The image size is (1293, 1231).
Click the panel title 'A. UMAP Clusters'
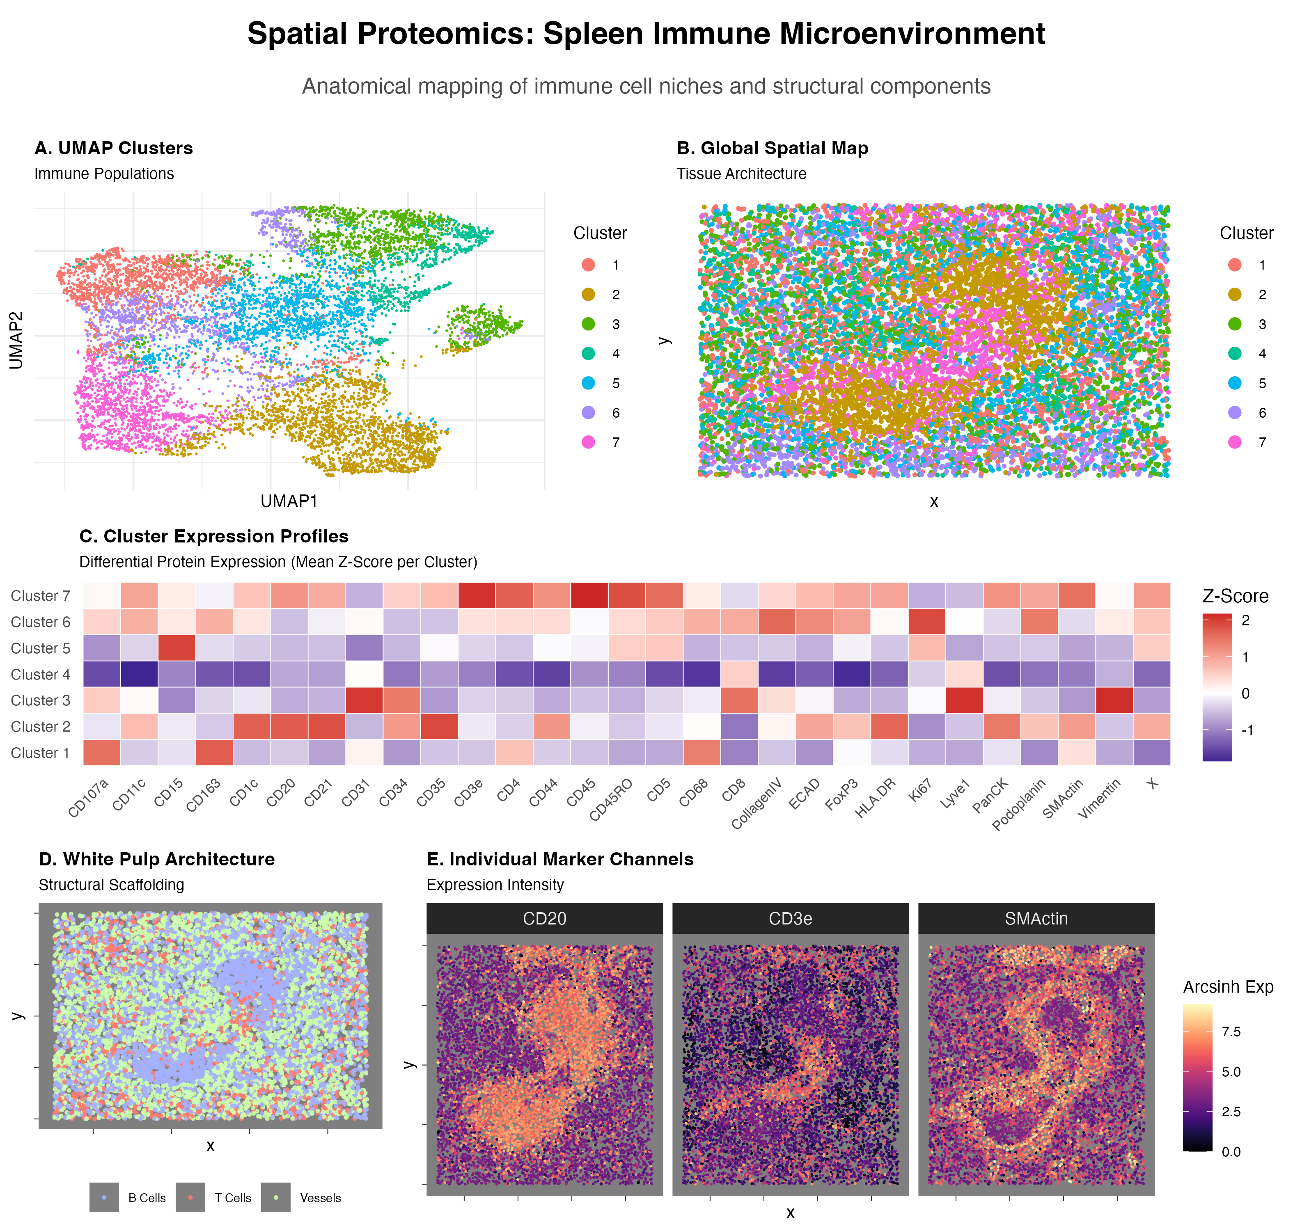[x=114, y=148]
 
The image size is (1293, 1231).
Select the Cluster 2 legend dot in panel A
[x=588, y=295]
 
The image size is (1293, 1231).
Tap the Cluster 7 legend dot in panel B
[x=1235, y=442]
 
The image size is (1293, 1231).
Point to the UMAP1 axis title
[x=289, y=501]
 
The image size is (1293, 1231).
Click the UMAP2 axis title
[x=16, y=340]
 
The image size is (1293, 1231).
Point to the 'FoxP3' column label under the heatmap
[x=842, y=795]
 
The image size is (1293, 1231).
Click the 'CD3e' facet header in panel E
[x=790, y=919]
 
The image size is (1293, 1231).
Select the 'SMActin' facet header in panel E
[x=1036, y=919]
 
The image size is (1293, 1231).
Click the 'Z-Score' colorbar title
[x=1235, y=596]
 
